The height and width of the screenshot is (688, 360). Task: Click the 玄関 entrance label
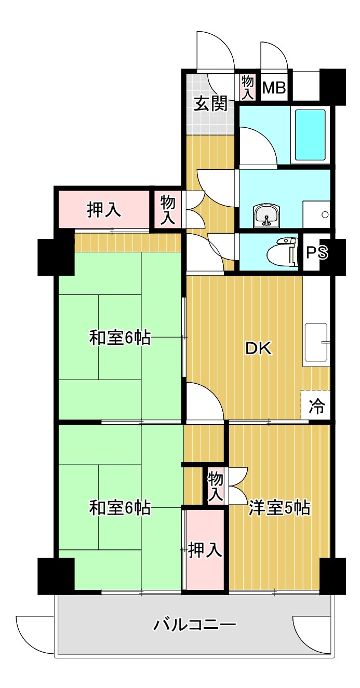[211, 103]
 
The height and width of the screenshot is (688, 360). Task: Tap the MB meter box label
[274, 88]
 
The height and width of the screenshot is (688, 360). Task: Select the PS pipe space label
[317, 252]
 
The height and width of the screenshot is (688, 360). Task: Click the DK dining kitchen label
[258, 348]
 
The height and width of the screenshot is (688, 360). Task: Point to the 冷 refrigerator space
[316, 405]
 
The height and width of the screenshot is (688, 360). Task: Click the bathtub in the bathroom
[310, 135]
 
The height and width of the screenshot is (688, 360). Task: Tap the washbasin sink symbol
[266, 216]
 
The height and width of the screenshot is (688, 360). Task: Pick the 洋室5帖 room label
[279, 508]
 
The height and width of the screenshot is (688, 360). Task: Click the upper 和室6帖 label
[120, 338]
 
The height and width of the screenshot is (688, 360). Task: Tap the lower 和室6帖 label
[120, 508]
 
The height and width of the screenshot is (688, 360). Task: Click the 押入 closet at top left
[104, 210]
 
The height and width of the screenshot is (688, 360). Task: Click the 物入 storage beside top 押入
[168, 210]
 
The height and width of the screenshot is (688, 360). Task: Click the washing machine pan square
[316, 214]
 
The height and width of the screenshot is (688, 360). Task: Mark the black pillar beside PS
[338, 257]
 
